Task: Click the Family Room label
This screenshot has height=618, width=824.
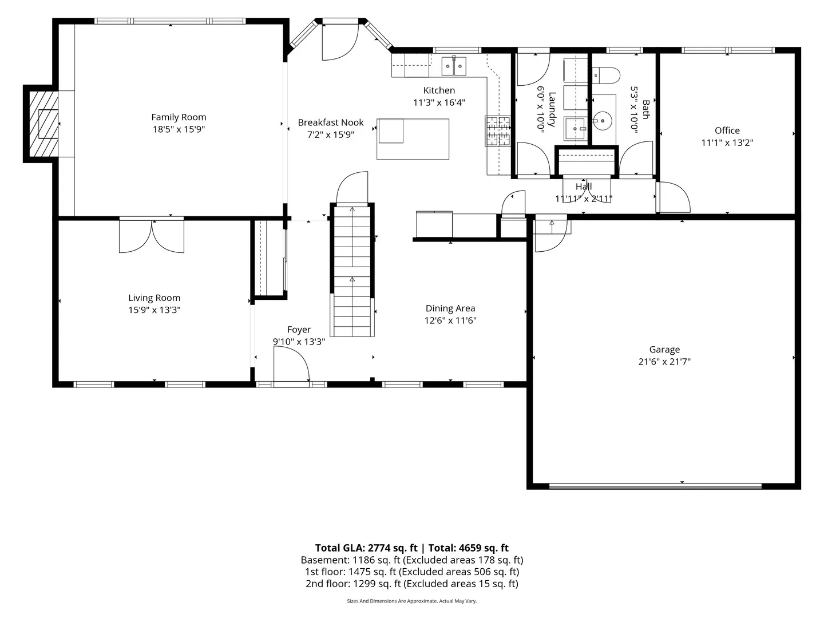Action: pos(179,117)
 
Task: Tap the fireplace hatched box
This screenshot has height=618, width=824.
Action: pos(44,124)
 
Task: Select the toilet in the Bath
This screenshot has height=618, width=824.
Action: pos(606,76)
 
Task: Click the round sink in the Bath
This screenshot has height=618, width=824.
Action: pos(602,121)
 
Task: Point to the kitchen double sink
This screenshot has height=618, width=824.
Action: pos(453,66)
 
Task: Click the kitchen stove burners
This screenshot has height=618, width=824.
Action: pos(498,130)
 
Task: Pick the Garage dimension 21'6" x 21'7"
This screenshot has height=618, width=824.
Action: pos(664,362)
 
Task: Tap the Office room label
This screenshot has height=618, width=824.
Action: pos(727,130)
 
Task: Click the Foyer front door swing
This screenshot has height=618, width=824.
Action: pos(291,365)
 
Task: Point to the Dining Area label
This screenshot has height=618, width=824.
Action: pos(450,308)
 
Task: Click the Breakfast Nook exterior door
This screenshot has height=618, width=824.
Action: pos(340,42)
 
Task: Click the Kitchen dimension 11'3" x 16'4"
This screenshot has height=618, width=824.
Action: pos(439,102)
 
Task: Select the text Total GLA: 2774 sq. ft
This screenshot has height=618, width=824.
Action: pos(366,548)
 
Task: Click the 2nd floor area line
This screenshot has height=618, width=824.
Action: pos(412,584)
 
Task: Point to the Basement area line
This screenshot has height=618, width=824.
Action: pos(412,560)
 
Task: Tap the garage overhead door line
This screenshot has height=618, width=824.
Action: pos(655,486)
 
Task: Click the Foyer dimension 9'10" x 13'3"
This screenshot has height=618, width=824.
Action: pos(299,342)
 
